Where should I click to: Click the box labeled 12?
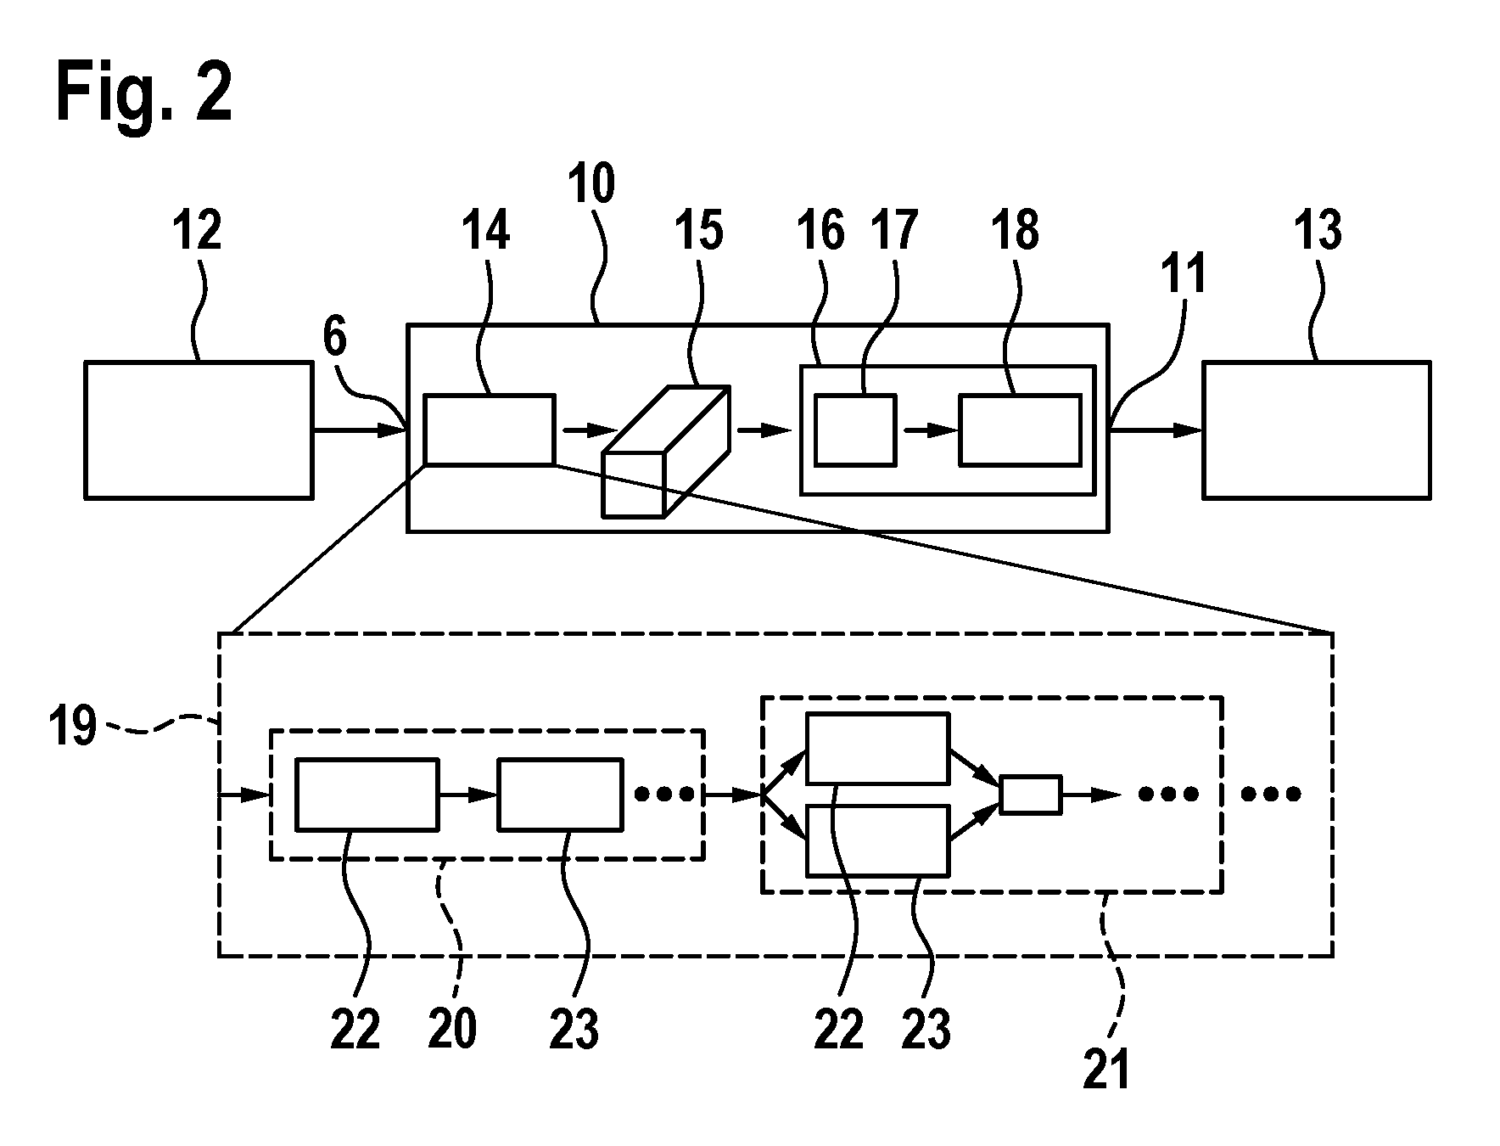click(199, 430)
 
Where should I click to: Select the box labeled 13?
click(1316, 430)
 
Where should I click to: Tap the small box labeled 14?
click(490, 430)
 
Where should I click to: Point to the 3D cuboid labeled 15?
click(666, 451)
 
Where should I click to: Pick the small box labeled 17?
click(855, 430)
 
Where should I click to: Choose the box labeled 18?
click(1020, 430)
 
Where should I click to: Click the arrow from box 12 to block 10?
click(360, 430)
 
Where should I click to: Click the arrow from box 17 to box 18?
click(927, 430)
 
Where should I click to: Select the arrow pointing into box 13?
click(1156, 430)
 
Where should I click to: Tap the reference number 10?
click(592, 185)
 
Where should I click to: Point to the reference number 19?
click(72, 728)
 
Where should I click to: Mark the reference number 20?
click(452, 1029)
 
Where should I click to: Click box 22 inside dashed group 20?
click(367, 794)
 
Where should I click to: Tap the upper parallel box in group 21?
click(877, 748)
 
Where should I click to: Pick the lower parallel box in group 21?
click(877, 840)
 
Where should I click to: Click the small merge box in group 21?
click(1030, 795)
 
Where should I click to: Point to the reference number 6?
click(335, 337)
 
